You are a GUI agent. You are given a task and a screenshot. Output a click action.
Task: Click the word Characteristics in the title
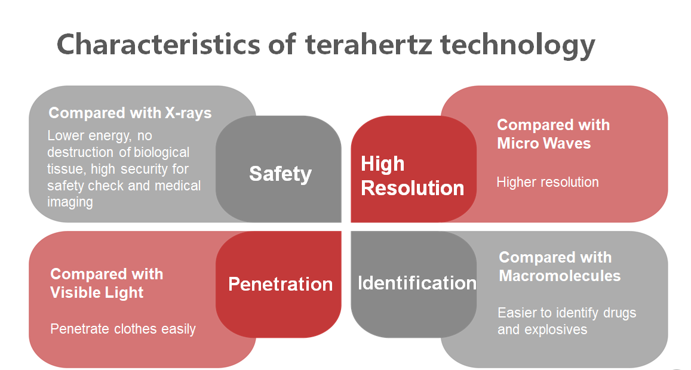[x=159, y=44]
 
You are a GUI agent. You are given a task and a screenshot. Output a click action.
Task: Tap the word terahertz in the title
[x=368, y=44]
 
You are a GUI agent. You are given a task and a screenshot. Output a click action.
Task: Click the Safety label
[x=280, y=174]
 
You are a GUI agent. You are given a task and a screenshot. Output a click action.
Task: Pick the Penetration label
[x=280, y=284]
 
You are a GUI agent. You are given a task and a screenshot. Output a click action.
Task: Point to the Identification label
[x=417, y=283]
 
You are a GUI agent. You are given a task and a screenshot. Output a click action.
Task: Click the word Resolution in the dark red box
[x=413, y=188]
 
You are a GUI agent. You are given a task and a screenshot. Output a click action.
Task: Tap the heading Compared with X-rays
[x=130, y=113]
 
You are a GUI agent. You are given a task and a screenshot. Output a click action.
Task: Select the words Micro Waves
[x=544, y=143]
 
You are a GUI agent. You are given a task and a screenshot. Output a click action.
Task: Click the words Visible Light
[x=97, y=292]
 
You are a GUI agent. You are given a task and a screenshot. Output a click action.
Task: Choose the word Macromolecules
[x=560, y=276]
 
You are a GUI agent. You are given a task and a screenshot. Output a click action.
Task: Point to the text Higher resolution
[x=547, y=183]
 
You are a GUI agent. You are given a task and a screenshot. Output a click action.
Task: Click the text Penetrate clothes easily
[x=123, y=329]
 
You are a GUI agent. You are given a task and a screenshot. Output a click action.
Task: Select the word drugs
[x=619, y=313]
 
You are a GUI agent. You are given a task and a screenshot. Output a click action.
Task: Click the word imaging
[x=70, y=203]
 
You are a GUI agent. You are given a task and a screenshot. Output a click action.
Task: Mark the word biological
[x=161, y=152]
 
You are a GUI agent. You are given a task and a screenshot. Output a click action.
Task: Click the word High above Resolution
[x=382, y=164]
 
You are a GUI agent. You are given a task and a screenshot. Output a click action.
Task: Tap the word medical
[x=177, y=186]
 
